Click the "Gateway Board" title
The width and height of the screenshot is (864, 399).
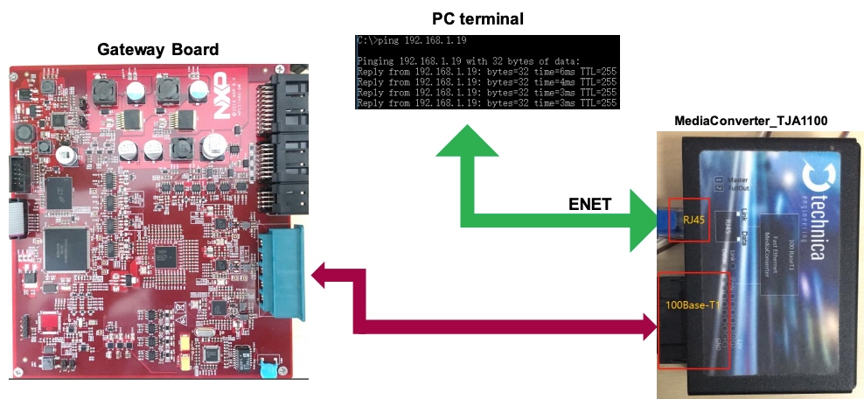tap(157, 49)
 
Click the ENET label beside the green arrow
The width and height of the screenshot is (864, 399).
tap(589, 204)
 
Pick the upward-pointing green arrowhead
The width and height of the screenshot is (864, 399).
tap(471, 143)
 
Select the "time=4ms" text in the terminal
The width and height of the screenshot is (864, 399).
tap(541, 82)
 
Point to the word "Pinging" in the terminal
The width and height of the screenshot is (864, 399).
tap(379, 61)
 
